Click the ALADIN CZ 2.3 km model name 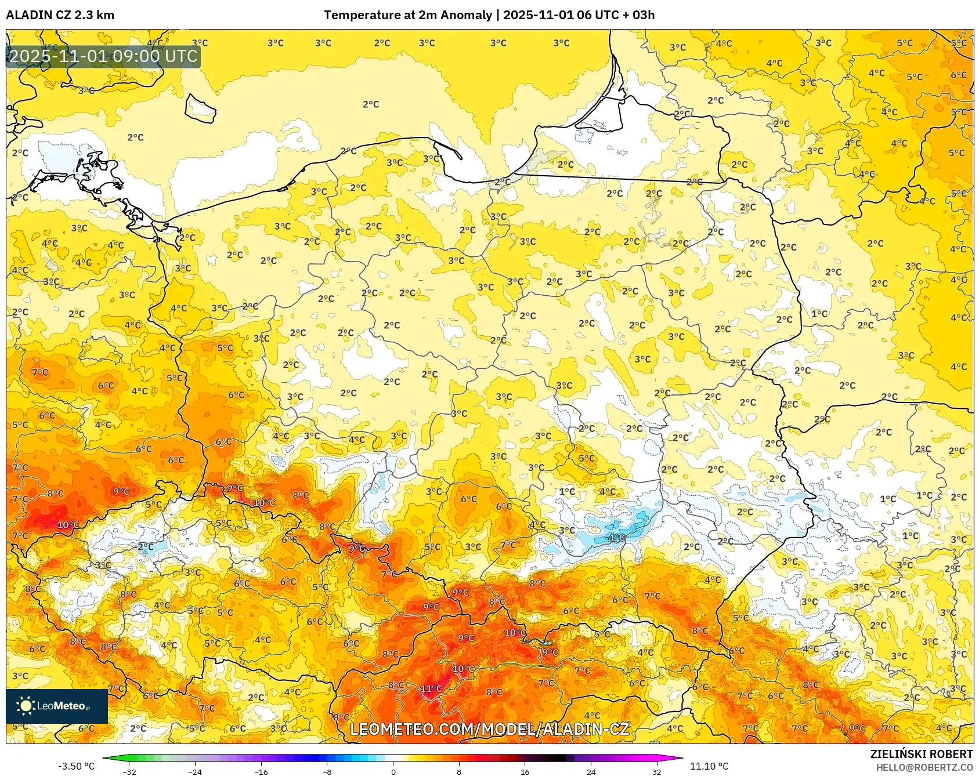click(x=60, y=15)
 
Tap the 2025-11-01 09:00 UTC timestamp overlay click(x=103, y=56)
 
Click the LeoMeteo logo click(x=56, y=706)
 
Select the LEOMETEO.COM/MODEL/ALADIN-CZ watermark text click(x=489, y=729)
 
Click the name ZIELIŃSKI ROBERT click(x=921, y=754)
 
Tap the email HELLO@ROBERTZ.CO click(x=924, y=767)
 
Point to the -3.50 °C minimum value click(x=76, y=766)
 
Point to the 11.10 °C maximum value click(x=709, y=766)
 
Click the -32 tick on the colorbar click(x=130, y=771)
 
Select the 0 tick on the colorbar click(x=393, y=771)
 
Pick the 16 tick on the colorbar click(x=525, y=771)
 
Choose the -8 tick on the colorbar click(x=327, y=771)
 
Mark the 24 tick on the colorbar click(x=591, y=771)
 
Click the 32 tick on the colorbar click(x=656, y=771)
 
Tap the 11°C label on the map click(x=431, y=688)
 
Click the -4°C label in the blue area click(x=616, y=538)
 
